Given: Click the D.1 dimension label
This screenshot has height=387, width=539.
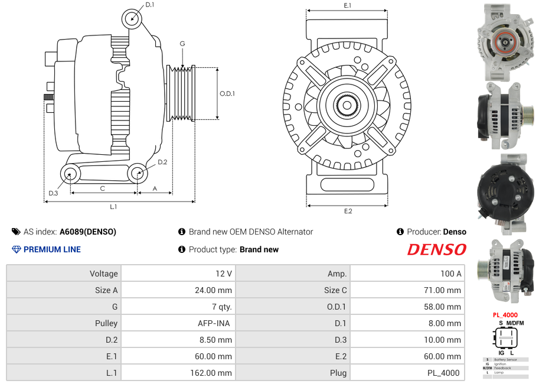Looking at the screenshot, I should pos(149,5).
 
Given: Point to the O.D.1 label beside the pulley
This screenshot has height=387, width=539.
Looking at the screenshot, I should pos(227,93).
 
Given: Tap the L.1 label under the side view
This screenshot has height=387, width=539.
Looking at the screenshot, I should pos(113,207).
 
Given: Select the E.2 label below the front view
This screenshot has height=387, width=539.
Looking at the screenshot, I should pos(347,212).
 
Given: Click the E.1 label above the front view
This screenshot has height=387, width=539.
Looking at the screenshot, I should pos(347,5).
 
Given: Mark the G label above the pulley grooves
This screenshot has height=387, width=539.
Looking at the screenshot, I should pos(182,44).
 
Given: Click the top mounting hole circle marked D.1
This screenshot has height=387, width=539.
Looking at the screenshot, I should pos(133,19).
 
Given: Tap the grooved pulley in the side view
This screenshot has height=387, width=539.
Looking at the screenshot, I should pos(181,93).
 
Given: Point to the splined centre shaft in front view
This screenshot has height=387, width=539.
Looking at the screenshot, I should pos(347,106).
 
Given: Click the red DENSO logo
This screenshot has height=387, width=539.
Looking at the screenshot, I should pos(436,250).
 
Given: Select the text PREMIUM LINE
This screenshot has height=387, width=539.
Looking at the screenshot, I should pos(52,250).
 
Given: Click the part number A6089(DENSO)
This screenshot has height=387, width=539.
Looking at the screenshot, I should pos(88,232).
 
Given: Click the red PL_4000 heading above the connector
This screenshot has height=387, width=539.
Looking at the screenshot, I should pos(505,315).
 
